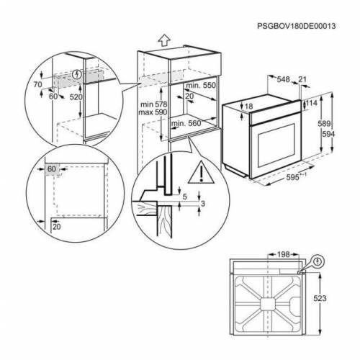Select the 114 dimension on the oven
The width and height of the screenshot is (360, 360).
point(312,103)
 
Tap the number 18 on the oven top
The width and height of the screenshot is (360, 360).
point(250,107)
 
